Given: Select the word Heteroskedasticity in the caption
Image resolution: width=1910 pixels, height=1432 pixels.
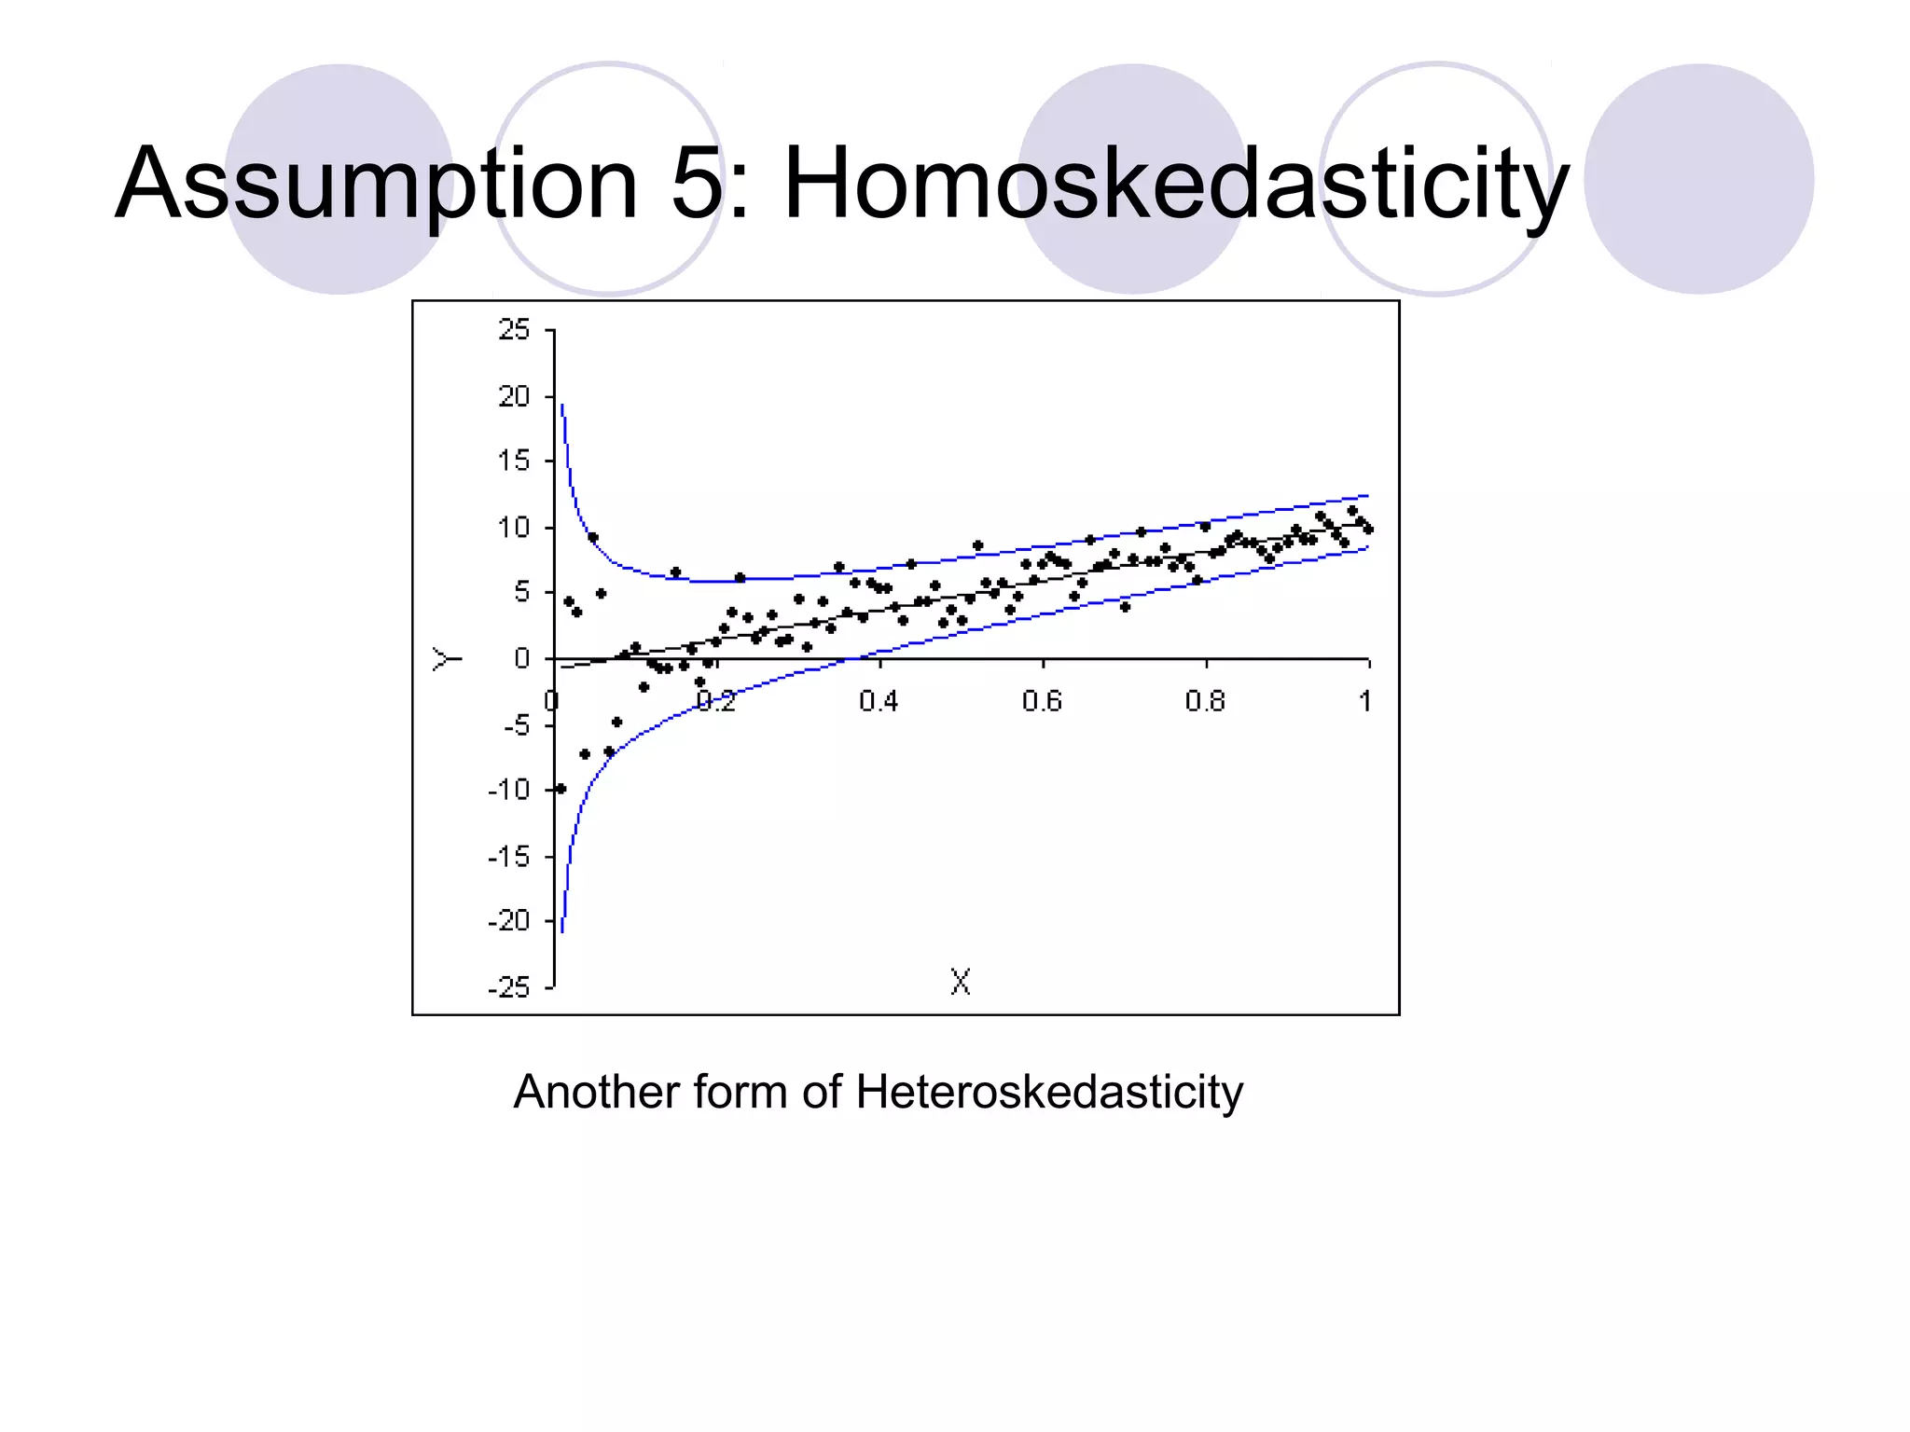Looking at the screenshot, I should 1048,1092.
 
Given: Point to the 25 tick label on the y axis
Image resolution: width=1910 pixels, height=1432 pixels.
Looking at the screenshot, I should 514,330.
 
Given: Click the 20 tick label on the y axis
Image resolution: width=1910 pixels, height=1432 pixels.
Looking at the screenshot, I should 514,397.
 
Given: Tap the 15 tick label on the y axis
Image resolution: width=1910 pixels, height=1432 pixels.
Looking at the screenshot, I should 514,461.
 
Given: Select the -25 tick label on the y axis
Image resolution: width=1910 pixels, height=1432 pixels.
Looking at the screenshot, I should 509,987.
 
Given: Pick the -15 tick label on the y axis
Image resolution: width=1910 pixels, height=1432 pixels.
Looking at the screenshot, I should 509,857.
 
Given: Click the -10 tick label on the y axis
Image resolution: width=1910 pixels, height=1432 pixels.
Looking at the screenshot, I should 509,791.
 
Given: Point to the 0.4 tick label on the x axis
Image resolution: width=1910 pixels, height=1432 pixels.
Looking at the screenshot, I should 879,701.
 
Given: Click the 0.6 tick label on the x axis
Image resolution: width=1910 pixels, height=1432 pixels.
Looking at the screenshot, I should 1042,701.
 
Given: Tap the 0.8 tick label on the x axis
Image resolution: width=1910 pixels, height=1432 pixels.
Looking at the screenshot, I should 1205,701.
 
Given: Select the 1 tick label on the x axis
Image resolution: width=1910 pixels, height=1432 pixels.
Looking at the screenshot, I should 1365,701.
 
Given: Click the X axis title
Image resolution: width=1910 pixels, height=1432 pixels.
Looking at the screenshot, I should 961,982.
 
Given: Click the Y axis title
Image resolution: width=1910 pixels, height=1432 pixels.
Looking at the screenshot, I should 447,659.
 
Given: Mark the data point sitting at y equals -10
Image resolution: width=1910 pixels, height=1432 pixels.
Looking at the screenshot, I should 561,789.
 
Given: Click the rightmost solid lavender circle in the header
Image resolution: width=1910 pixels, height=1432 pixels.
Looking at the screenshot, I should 1698,179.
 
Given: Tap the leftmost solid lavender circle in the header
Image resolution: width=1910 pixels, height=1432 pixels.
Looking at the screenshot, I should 339,179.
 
